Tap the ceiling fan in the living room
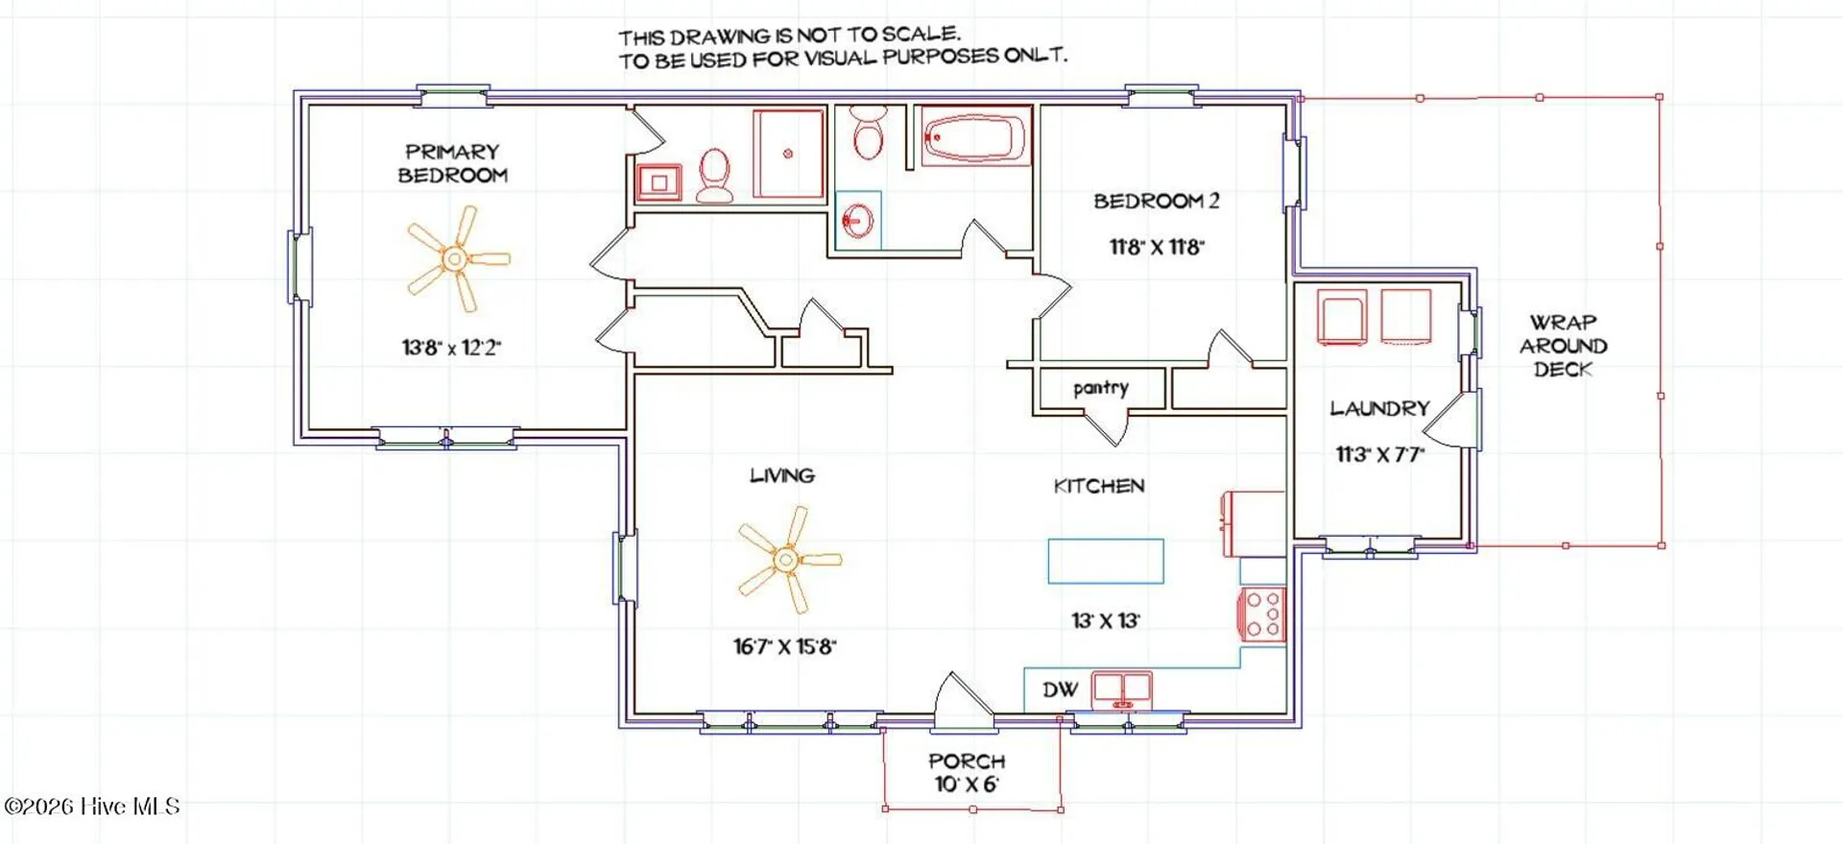787,559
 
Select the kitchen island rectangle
1106,561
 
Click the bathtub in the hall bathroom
976,136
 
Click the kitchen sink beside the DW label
1122,689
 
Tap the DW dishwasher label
1061,689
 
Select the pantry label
1101,388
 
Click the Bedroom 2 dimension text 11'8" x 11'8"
1157,247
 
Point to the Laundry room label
1379,409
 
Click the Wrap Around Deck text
1563,346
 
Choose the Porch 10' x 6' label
967,773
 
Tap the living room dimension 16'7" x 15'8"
785,646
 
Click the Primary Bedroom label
452,163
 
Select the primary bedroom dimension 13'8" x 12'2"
451,348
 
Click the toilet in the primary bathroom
714,176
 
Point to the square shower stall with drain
788,154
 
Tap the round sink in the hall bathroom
858,221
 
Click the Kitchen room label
1099,486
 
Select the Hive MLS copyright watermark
92,807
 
